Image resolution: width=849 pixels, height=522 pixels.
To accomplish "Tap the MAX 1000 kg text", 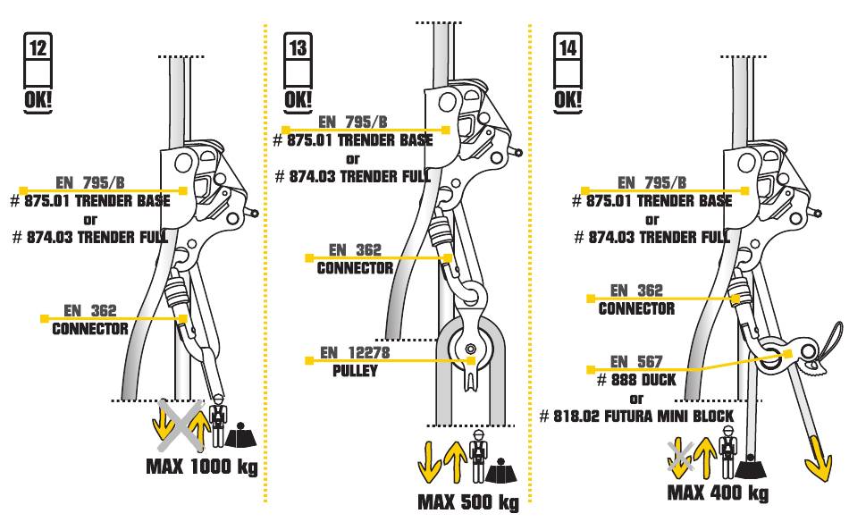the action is click(201, 467).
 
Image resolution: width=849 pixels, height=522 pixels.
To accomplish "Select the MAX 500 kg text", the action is click(468, 502).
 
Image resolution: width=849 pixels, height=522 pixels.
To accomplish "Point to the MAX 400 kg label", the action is click(718, 493).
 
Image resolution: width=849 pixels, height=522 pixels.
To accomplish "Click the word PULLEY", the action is click(355, 371).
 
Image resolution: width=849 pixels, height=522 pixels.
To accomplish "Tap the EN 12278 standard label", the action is click(355, 353).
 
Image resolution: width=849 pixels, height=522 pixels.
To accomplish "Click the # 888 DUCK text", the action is click(636, 380).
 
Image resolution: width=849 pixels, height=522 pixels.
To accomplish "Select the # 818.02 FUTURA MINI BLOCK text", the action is click(636, 417).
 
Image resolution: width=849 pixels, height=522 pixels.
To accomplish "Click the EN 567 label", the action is click(636, 362).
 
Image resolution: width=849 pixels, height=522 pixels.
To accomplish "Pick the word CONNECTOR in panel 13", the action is click(355, 268).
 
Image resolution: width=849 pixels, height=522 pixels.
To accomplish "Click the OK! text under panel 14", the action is click(567, 101).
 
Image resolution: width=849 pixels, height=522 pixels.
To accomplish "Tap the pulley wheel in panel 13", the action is click(470, 348).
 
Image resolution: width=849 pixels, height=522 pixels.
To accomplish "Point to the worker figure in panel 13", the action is click(478, 457).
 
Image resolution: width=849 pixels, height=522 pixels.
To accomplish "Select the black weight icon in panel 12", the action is click(240, 434).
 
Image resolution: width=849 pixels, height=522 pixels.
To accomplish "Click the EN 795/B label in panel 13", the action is click(352, 122).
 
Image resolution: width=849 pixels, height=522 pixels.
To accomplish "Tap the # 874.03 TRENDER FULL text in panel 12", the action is click(90, 237).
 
